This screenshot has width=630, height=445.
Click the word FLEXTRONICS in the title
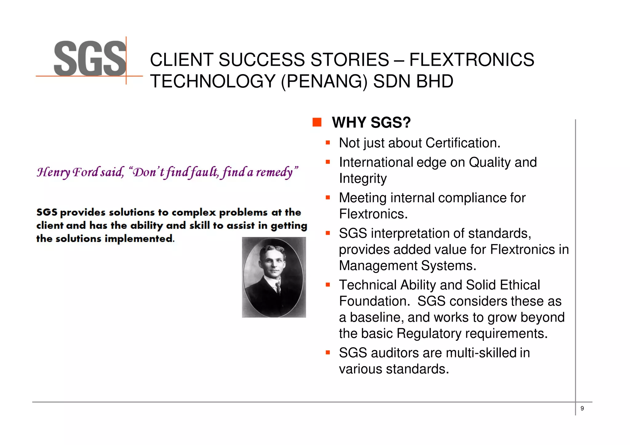coord(472,60)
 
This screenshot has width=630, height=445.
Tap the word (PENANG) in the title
coord(324,81)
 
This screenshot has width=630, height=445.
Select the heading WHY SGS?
coord(371,123)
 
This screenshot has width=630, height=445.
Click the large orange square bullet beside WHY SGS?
coord(317,122)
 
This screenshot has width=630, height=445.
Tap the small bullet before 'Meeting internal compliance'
coord(328,198)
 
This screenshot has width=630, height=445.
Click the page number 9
coord(582,408)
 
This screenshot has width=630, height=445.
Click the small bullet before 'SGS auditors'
coord(328,352)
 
